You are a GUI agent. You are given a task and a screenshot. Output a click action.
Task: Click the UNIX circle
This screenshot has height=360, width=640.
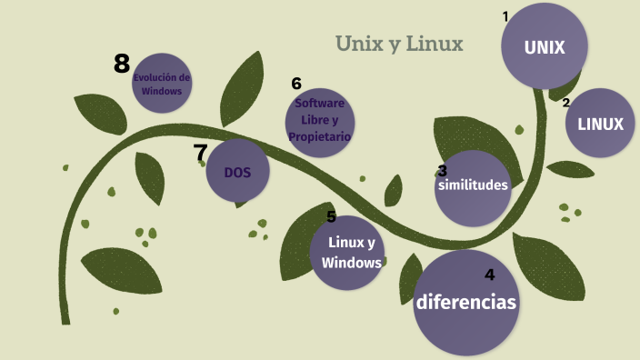click(545, 45)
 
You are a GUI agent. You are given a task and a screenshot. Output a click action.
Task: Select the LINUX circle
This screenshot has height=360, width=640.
click(601, 124)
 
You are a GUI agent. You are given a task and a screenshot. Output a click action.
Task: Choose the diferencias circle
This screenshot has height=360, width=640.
click(465, 303)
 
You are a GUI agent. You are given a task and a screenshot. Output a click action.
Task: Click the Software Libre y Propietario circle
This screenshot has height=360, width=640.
click(319, 121)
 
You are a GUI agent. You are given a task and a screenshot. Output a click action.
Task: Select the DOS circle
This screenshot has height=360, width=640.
click(238, 172)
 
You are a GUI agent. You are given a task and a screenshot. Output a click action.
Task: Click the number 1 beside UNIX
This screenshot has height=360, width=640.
click(505, 15)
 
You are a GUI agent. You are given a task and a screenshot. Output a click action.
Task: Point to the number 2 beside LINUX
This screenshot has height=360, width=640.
click(566, 102)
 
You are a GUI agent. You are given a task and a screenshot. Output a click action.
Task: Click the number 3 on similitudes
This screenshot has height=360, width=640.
click(442, 170)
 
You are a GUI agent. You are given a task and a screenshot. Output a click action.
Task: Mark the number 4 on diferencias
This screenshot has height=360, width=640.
click(489, 275)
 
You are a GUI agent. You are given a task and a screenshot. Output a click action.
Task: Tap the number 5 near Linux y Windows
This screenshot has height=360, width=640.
click(331, 216)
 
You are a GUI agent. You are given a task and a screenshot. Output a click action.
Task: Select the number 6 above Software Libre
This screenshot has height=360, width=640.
click(296, 84)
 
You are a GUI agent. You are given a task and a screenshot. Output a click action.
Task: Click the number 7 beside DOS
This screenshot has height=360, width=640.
click(201, 153)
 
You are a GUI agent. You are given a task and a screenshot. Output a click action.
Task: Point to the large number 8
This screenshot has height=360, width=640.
click(122, 64)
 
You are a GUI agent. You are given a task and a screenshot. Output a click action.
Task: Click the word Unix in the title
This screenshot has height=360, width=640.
click(357, 44)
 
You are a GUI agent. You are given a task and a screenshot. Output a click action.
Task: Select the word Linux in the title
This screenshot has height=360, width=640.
click(435, 44)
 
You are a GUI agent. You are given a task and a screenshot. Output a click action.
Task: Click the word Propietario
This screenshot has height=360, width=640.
click(319, 137)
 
